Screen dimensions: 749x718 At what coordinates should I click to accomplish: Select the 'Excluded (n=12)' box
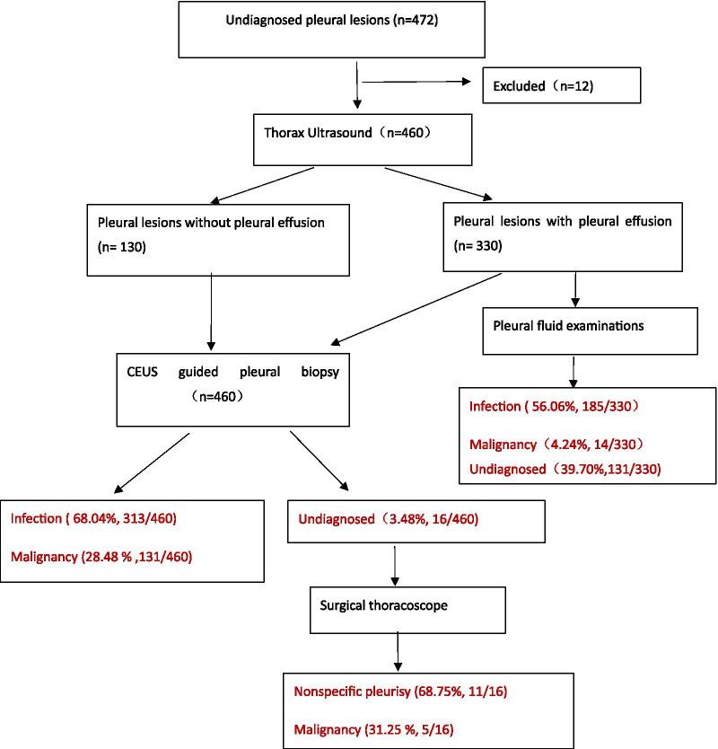563,87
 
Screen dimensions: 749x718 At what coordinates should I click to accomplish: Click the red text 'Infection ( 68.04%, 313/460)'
100,518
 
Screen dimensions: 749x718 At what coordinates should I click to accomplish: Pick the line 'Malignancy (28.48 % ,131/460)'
102,556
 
